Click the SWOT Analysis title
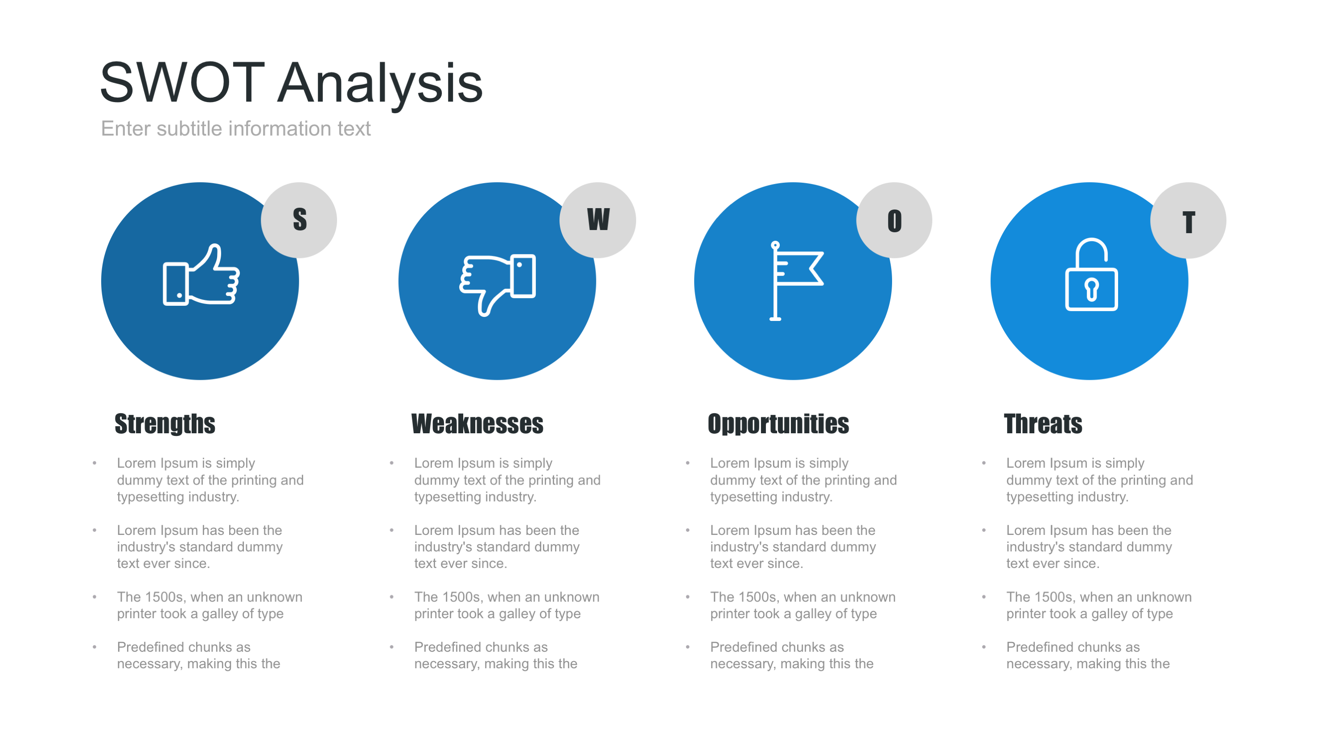point(291,83)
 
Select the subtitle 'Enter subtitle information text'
point(236,129)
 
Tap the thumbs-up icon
point(201,275)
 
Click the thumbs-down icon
point(497,285)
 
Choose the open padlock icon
point(1091,275)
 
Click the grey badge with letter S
point(299,220)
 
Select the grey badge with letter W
point(598,220)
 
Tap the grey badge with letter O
point(894,220)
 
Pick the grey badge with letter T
point(1189,221)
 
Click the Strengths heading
point(165,424)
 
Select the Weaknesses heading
point(477,423)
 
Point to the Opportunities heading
point(778,424)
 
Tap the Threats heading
point(1043,423)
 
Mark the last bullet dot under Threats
point(984,647)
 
